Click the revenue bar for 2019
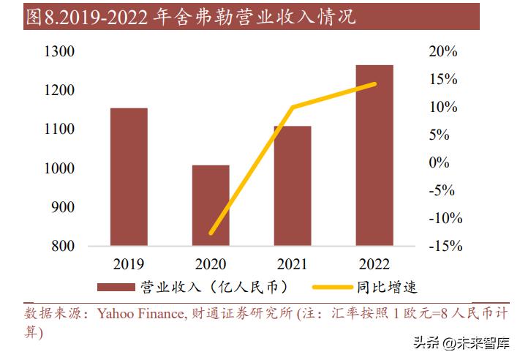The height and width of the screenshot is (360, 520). coord(129,176)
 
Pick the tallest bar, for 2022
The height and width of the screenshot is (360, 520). coord(374,155)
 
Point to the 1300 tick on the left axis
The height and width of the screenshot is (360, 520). coord(60,52)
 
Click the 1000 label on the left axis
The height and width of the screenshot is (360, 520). coord(60,168)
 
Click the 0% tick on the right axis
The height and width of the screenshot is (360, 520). coord(439,163)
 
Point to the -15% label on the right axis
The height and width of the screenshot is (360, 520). coord(445,247)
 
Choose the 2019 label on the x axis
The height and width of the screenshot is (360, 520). coord(129,264)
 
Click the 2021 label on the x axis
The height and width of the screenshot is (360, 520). coord(293,264)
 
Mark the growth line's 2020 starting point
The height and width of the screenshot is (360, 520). coord(211,233)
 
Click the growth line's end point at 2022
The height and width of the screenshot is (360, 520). coord(374,84)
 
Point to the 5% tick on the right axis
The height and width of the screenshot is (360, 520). coord(439,135)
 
